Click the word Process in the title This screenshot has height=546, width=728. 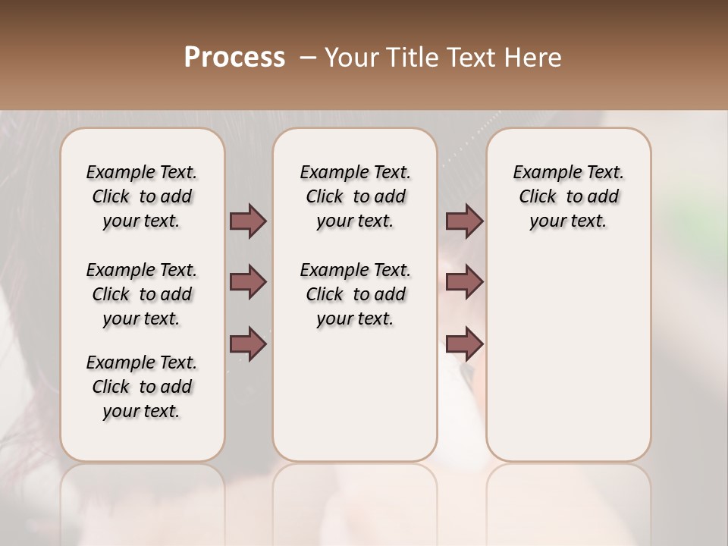tap(234, 58)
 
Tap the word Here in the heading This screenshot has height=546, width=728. tap(533, 58)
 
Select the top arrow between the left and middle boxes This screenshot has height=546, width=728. tap(248, 221)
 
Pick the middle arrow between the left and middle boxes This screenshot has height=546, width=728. tap(248, 282)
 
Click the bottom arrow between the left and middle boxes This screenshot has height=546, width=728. tap(248, 344)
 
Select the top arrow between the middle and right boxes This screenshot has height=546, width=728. tap(464, 221)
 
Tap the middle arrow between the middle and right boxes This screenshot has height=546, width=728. tap(464, 282)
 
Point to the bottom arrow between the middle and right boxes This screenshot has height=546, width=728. tap(464, 344)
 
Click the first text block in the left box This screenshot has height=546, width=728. tap(142, 196)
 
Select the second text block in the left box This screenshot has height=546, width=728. tap(142, 294)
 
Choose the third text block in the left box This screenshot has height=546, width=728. tap(142, 387)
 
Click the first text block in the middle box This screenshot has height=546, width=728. tap(355, 196)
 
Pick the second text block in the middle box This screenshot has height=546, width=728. tap(355, 294)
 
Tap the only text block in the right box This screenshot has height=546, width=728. tap(568, 196)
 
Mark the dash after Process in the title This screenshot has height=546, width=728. tap(308, 58)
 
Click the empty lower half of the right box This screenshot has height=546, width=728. tap(568, 364)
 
